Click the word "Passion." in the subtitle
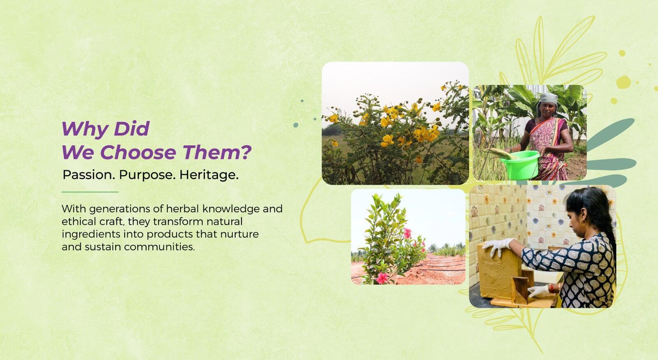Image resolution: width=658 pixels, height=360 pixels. pyautogui.click(x=89, y=175)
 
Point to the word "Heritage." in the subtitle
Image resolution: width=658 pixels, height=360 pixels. pyautogui.click(x=209, y=175)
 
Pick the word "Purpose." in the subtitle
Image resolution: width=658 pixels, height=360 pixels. pyautogui.click(x=147, y=175)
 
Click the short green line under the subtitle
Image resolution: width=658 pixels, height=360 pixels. pyautogui.click(x=90, y=192)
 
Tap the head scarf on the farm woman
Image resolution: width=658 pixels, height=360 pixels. pyautogui.click(x=547, y=100)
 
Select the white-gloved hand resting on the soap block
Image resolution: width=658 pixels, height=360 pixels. pyautogui.click(x=498, y=246)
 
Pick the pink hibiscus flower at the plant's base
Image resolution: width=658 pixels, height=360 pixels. pyautogui.click(x=382, y=278)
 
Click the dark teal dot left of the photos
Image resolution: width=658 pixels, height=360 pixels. pyautogui.click(x=296, y=125)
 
